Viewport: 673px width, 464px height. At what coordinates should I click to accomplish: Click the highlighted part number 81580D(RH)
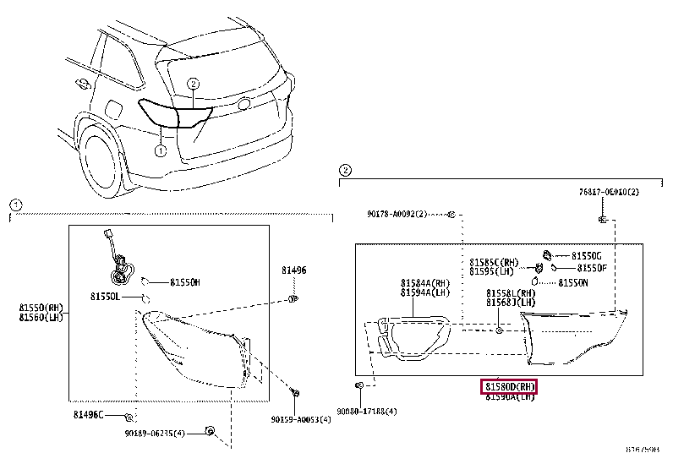tap(510, 386)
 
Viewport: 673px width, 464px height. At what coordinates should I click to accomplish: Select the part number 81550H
tap(184, 282)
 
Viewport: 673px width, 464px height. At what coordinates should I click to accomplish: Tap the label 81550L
tap(106, 298)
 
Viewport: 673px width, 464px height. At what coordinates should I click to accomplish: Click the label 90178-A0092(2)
tap(398, 215)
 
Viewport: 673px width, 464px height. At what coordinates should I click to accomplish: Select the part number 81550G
tap(586, 255)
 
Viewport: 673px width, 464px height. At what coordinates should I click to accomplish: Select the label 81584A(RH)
tap(425, 283)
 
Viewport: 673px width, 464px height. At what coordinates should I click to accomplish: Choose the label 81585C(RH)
tap(494, 262)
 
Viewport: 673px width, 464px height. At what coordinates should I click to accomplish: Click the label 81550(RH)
tap(41, 308)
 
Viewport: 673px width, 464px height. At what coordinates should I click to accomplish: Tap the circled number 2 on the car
tap(193, 83)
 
